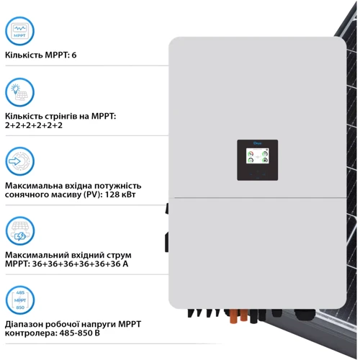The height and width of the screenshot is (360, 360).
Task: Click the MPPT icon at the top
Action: coord(19,30)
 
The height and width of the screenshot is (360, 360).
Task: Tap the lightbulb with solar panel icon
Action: coord(19,92)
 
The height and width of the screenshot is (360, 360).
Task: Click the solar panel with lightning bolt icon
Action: coord(19,231)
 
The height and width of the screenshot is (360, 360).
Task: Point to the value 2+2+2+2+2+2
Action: coord(34,125)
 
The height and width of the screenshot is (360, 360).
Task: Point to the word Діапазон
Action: coord(25,324)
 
